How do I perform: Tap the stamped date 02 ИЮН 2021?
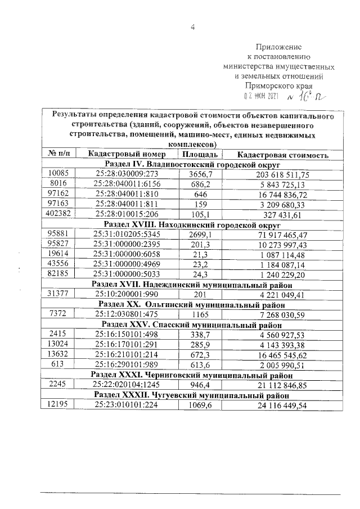tap(263, 97)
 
